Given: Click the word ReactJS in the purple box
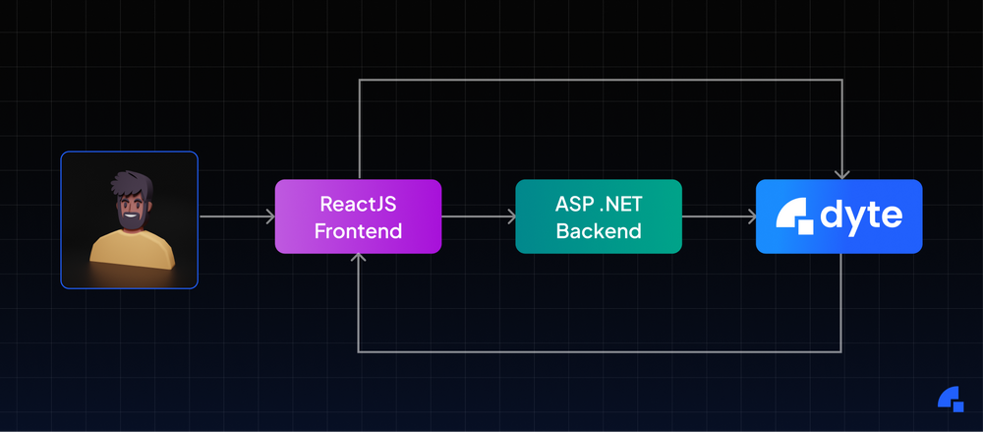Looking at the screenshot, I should (x=358, y=205).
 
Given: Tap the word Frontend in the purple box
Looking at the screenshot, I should (x=358, y=231).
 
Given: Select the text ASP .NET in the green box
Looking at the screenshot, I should (x=598, y=205).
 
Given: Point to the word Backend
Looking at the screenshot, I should (x=598, y=231).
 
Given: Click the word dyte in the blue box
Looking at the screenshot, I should (x=862, y=216).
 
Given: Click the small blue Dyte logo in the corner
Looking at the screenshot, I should (x=950, y=399).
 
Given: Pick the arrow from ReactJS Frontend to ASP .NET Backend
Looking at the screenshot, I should (x=478, y=216).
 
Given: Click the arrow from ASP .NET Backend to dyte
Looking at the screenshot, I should (x=719, y=216).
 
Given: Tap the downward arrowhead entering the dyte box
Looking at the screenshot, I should (x=841, y=174).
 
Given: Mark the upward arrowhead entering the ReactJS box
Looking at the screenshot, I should (x=360, y=259).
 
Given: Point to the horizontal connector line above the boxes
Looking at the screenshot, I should (x=600, y=80).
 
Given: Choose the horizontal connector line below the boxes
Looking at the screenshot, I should (x=600, y=351).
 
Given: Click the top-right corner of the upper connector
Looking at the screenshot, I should (x=841, y=80).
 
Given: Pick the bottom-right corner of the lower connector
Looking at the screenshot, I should (x=841, y=351).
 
